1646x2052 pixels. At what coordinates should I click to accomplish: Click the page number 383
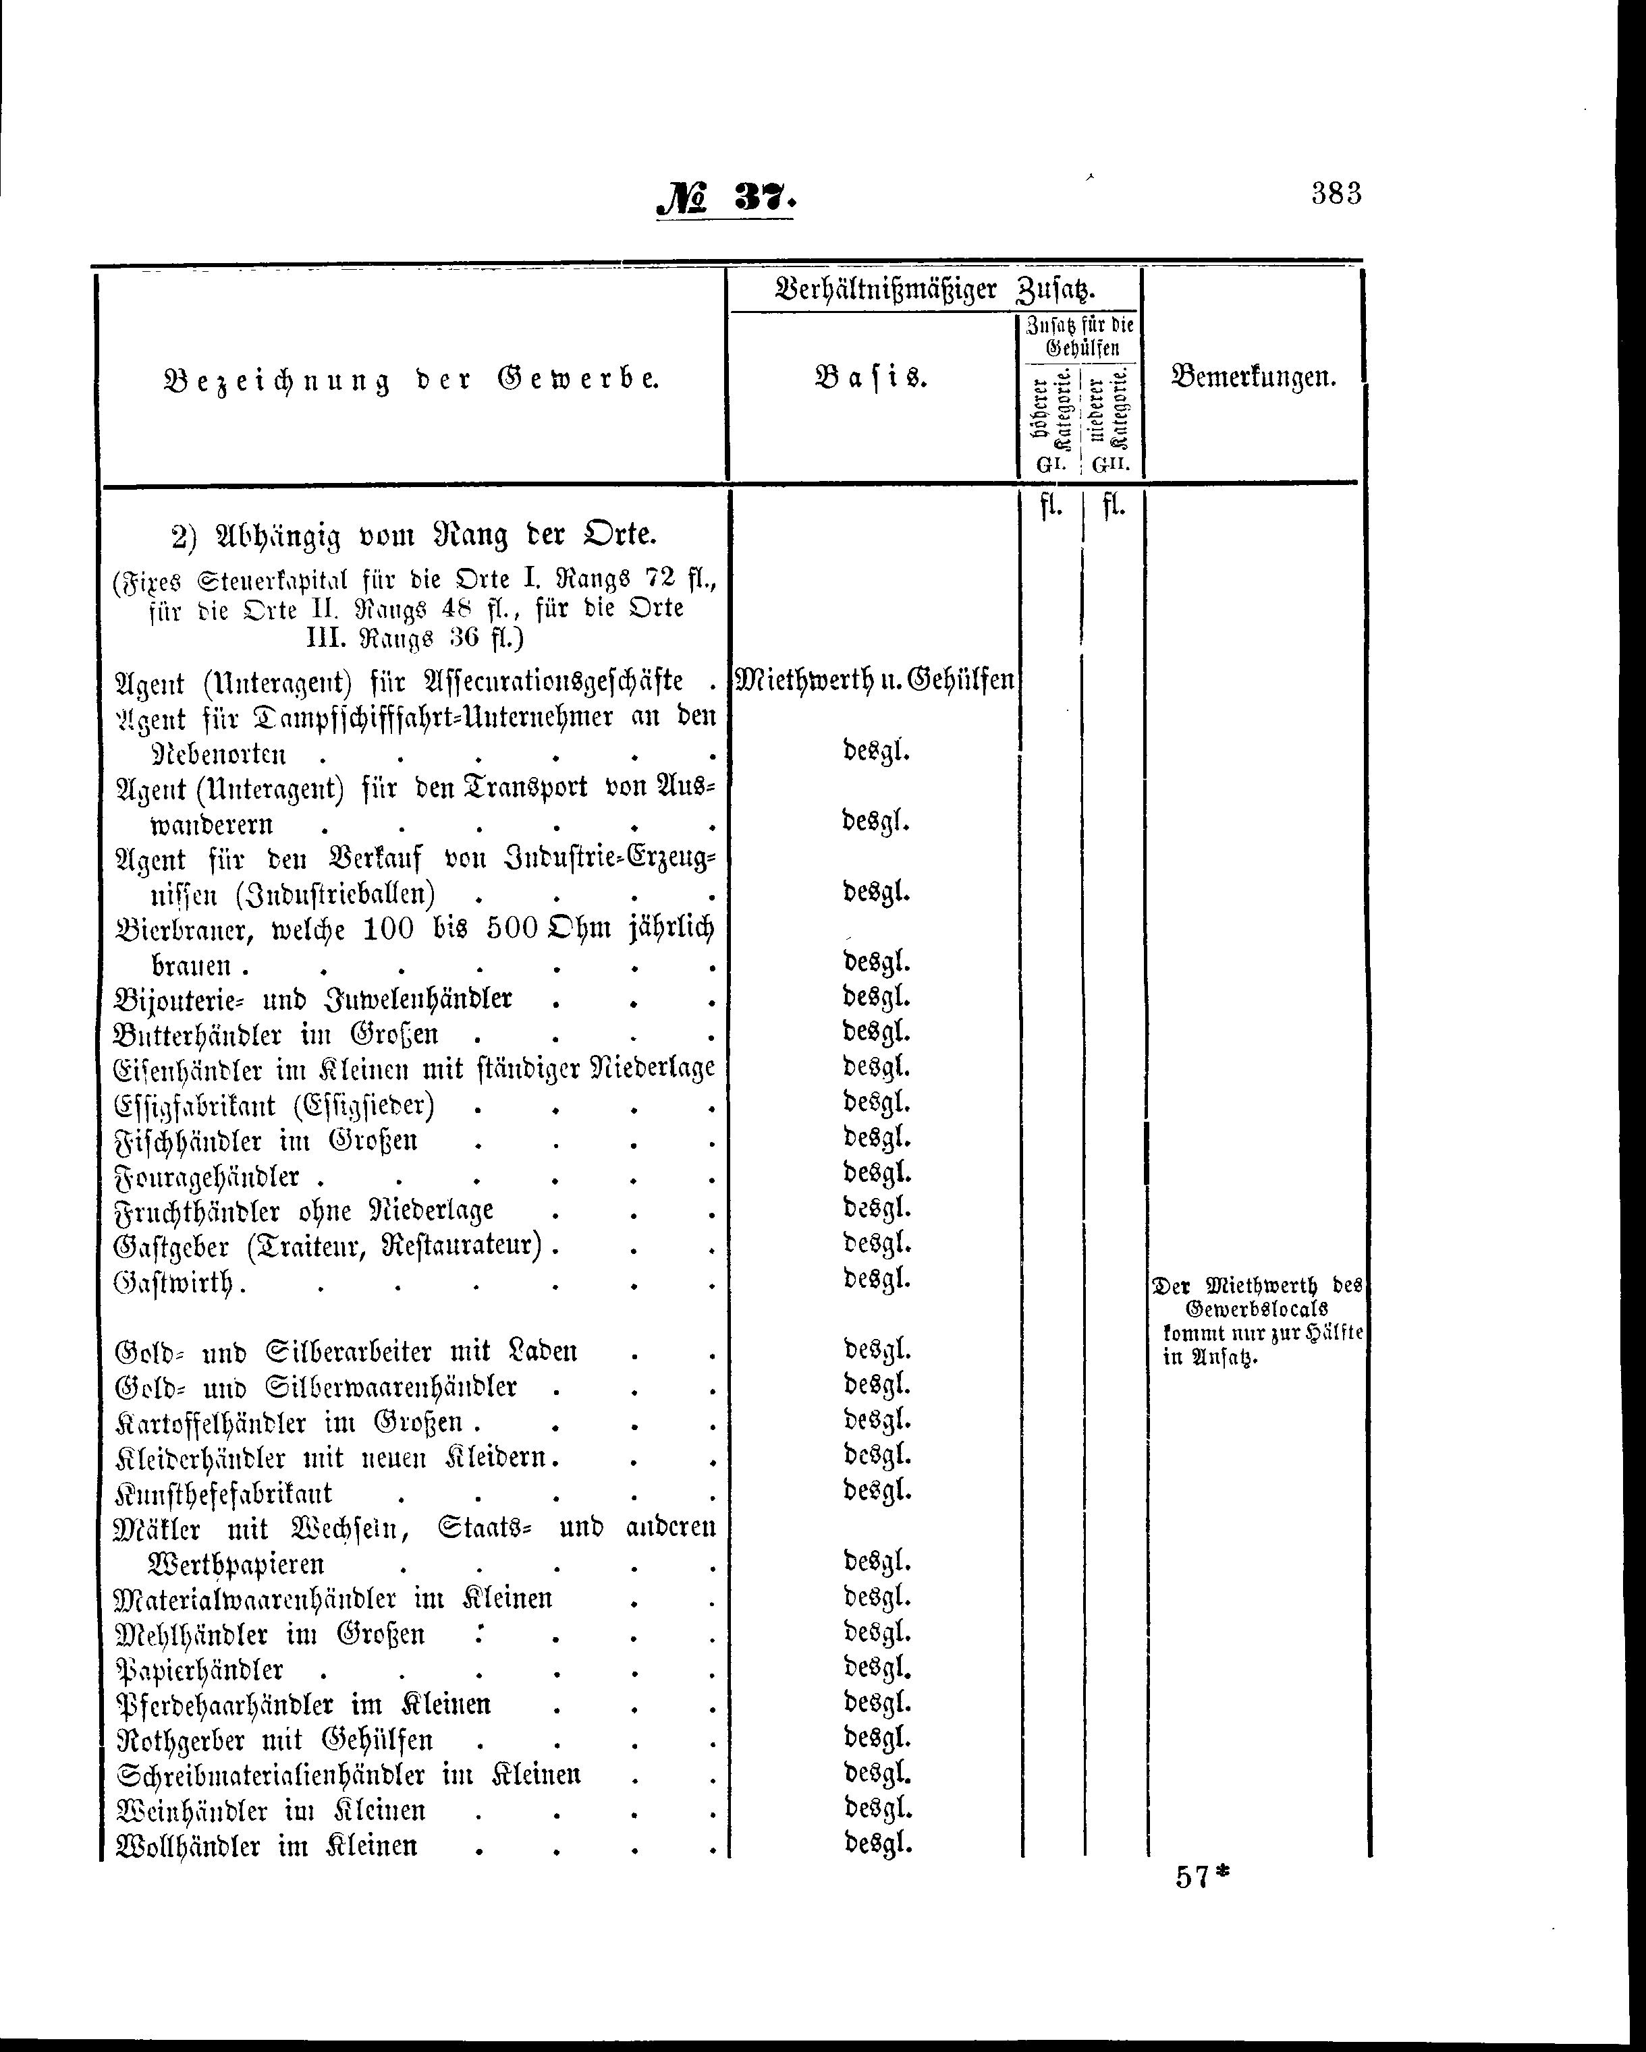tap(1336, 193)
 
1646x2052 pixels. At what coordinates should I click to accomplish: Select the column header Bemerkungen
tap(1253, 378)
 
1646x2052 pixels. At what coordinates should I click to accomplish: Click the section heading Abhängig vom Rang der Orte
tap(414, 535)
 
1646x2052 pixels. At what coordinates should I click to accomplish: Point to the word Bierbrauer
tap(181, 929)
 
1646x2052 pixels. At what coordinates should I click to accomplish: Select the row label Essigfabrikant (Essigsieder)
tap(274, 1107)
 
